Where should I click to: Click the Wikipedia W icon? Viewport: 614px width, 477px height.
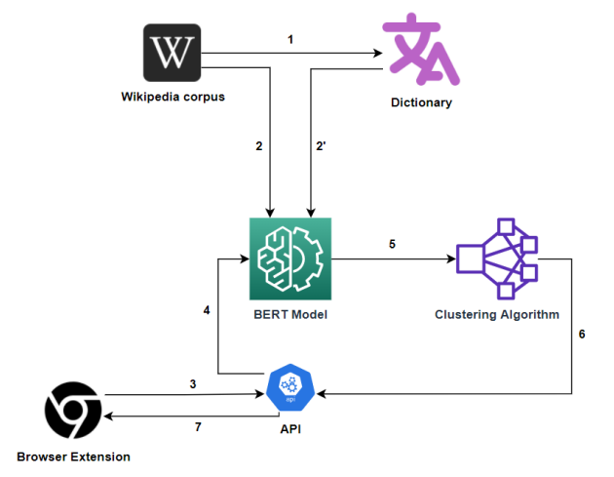click(x=173, y=53)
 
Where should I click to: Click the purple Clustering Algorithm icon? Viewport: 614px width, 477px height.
click(x=497, y=258)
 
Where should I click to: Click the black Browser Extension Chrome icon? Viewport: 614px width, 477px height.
click(x=72, y=411)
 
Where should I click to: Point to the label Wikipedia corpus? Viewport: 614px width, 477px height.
click(x=173, y=97)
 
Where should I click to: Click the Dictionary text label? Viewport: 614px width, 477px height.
click(x=422, y=102)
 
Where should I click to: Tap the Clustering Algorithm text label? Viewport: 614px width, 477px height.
click(x=496, y=315)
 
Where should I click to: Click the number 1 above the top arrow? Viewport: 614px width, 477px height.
click(x=289, y=39)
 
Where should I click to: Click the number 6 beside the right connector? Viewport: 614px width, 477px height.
click(x=582, y=334)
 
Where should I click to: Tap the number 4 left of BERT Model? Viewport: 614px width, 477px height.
click(x=206, y=310)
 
